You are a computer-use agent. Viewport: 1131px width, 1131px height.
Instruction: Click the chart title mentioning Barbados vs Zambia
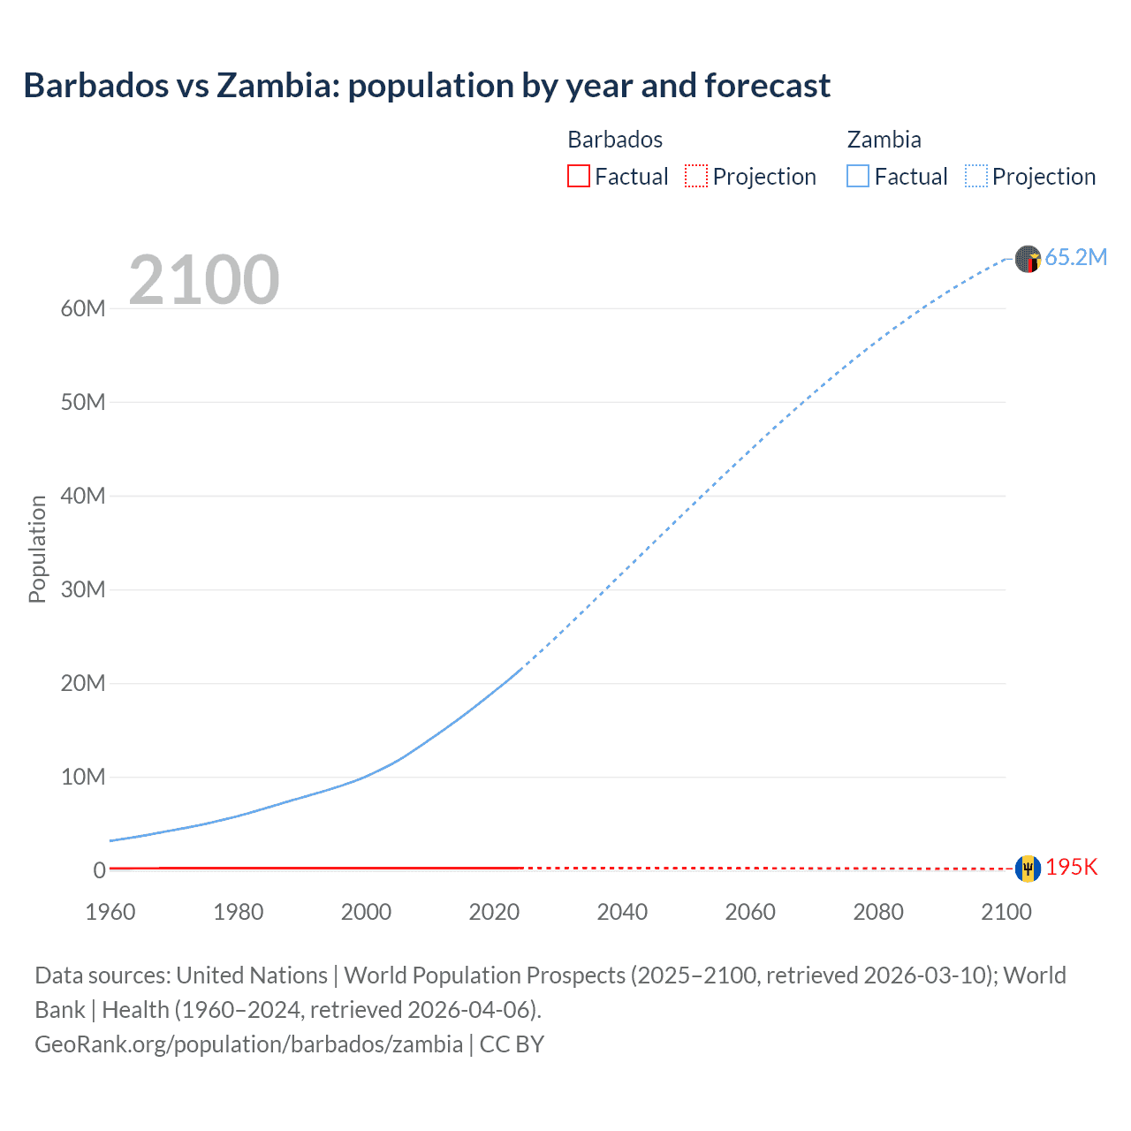pyautogui.click(x=427, y=86)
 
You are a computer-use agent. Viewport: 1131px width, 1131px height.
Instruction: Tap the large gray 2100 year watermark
pyautogui.click(x=204, y=280)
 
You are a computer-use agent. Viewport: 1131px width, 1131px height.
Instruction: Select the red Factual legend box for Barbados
pyautogui.click(x=578, y=176)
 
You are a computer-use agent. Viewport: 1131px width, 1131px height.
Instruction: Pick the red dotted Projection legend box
pyautogui.click(x=696, y=176)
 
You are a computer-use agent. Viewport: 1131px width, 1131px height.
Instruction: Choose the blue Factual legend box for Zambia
pyautogui.click(x=857, y=176)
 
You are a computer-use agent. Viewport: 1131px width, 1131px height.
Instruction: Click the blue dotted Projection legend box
pyautogui.click(x=975, y=176)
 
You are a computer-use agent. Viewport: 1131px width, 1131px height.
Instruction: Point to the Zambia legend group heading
pyautogui.click(x=884, y=140)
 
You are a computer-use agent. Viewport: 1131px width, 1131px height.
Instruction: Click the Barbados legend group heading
pyautogui.click(x=615, y=140)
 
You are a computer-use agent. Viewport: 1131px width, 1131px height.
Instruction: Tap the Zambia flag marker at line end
pyautogui.click(x=1028, y=259)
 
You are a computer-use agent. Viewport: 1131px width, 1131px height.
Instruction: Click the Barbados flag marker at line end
pyautogui.click(x=1028, y=869)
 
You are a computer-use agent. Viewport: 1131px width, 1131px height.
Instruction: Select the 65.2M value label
pyautogui.click(x=1075, y=257)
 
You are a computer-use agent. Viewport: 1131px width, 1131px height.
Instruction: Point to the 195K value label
pyautogui.click(x=1071, y=867)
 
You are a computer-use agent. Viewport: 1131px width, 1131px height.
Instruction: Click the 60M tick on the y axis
pyautogui.click(x=83, y=308)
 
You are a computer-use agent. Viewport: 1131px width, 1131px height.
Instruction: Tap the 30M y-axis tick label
pyautogui.click(x=83, y=589)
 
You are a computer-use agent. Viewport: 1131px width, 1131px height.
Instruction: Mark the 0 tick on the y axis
pyautogui.click(x=99, y=870)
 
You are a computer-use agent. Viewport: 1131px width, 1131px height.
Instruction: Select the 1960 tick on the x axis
pyautogui.click(x=110, y=912)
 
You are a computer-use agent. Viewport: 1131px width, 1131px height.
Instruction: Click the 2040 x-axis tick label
pyautogui.click(x=622, y=912)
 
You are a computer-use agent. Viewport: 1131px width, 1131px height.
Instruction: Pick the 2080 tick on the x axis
pyautogui.click(x=878, y=912)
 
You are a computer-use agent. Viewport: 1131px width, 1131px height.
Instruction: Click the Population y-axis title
pyautogui.click(x=37, y=549)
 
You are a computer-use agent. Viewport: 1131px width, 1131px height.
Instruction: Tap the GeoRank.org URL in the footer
pyautogui.click(x=248, y=1044)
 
